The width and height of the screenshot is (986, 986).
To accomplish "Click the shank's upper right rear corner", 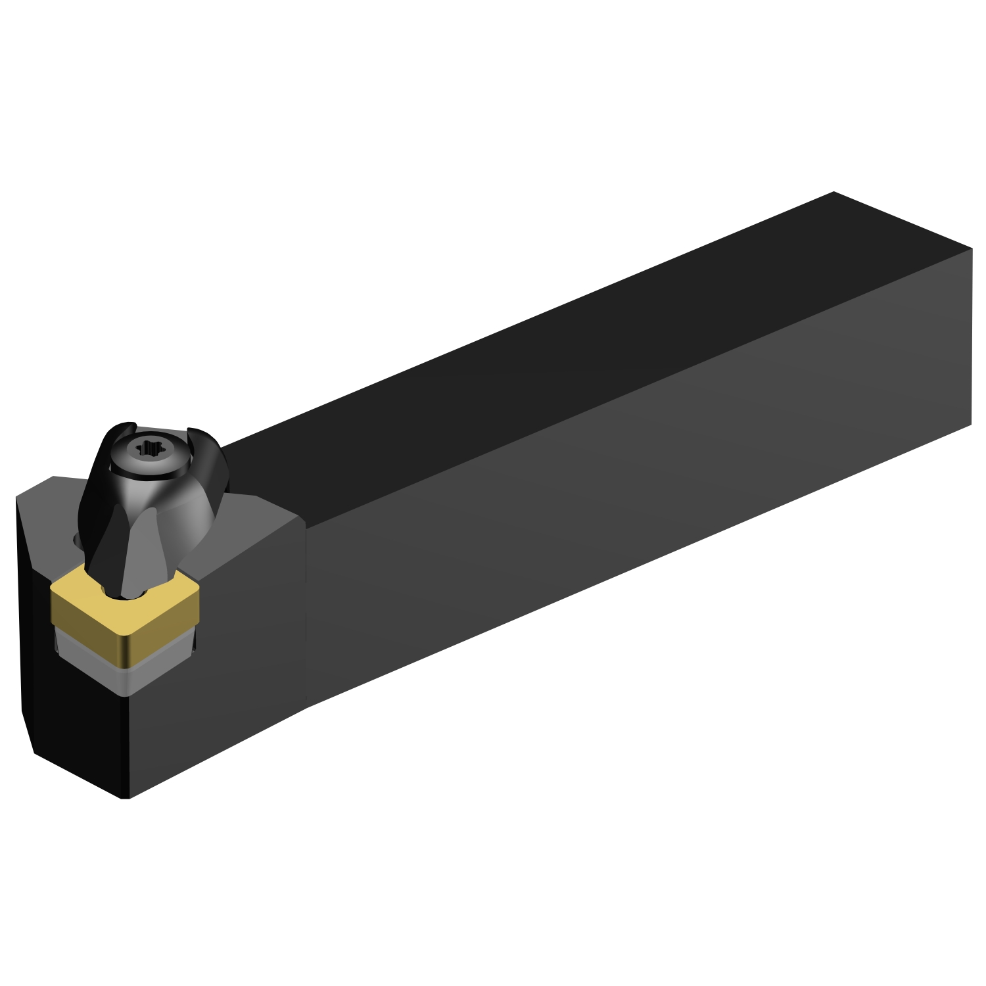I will click(971, 249).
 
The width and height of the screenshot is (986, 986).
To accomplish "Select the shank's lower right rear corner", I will click(971, 424).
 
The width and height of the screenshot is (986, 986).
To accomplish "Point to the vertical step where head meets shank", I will click(306, 611).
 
